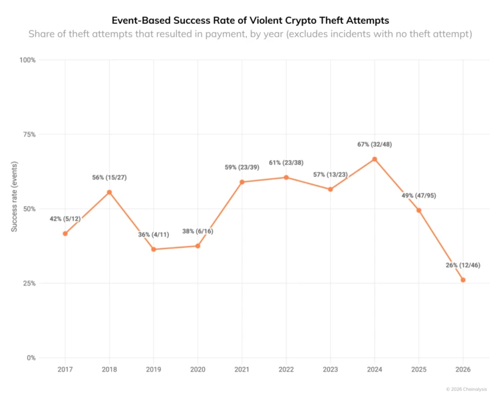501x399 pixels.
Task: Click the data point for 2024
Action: tap(375, 159)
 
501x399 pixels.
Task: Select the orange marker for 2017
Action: tap(65, 233)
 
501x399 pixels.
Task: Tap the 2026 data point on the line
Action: tap(463, 280)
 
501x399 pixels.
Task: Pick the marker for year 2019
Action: tap(154, 249)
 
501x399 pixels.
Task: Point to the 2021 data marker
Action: tap(242, 182)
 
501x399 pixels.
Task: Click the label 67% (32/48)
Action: tap(375, 144)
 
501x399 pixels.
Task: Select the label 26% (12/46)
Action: tap(463, 265)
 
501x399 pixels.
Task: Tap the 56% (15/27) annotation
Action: tap(109, 178)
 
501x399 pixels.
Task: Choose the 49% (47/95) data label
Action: tap(418, 196)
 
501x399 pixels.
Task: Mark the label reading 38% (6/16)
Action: tap(198, 231)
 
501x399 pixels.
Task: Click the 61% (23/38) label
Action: tap(286, 163)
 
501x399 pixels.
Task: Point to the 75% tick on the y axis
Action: tap(29, 134)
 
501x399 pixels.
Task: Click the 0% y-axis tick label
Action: tap(31, 358)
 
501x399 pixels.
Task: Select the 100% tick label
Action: tap(27, 60)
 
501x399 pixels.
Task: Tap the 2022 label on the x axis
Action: tap(286, 370)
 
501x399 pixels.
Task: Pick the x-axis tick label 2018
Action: tap(109, 370)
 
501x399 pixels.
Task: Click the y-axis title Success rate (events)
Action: tap(14, 196)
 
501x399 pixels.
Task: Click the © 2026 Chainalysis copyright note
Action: tap(466, 389)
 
